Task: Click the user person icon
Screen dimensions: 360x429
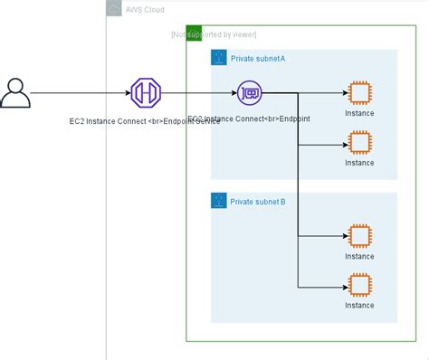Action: coord(15,92)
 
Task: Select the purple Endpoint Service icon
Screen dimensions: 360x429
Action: coord(145,92)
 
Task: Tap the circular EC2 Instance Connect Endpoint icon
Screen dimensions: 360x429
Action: coord(250,92)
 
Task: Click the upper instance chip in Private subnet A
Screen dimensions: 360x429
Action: coord(359,92)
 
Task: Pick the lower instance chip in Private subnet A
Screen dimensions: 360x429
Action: coord(359,142)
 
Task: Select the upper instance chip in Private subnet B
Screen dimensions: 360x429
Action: coord(359,236)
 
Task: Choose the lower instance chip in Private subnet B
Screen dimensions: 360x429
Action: coord(359,285)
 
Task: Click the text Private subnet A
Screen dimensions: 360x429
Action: coord(258,58)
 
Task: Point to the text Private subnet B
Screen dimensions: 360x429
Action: coord(258,201)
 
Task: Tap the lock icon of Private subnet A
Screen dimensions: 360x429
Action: coord(218,58)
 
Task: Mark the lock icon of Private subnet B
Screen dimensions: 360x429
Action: coord(218,201)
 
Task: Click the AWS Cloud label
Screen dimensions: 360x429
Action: coord(146,9)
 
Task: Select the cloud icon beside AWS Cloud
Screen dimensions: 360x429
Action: coord(114,9)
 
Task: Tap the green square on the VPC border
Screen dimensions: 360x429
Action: coord(193,33)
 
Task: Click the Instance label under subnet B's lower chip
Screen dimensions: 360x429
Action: coord(359,306)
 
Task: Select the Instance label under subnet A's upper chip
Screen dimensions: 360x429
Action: coord(359,113)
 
